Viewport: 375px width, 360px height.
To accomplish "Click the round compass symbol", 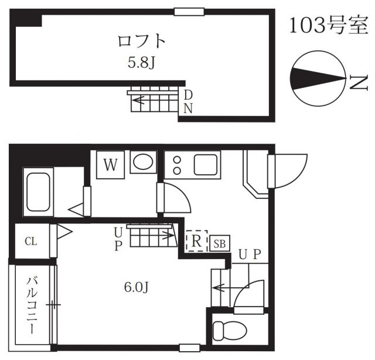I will tap(317, 79).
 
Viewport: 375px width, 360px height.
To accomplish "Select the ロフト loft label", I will tap(142, 42).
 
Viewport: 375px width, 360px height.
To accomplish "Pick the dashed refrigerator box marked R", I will tap(197, 240).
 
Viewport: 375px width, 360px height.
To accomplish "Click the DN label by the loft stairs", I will tap(188, 101).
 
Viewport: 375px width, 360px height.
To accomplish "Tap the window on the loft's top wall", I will tap(189, 11).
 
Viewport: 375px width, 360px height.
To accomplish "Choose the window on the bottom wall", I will tap(189, 347).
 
